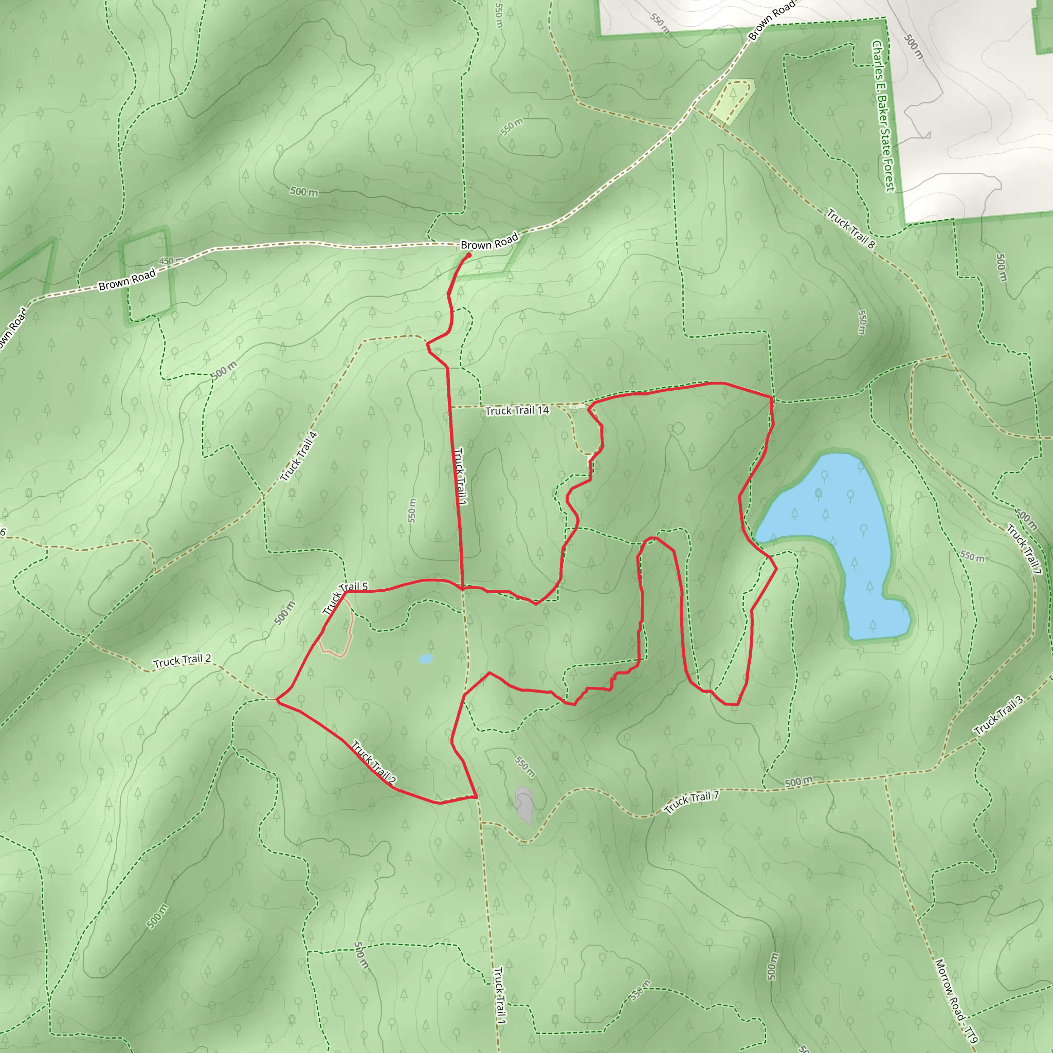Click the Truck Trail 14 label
pyautogui.click(x=517, y=410)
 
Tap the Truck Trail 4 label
pyautogui.click(x=299, y=457)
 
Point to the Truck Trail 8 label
pyautogui.click(x=850, y=228)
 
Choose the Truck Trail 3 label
pyautogui.click(x=998, y=715)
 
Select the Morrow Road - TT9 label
pyautogui.click(x=956, y=1001)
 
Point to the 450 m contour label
pyautogui.click(x=171, y=261)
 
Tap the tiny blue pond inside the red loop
pyautogui.click(x=426, y=659)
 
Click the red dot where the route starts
pyautogui.click(x=469, y=255)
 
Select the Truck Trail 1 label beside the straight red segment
pyautogui.click(x=461, y=476)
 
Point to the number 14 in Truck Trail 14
pyautogui.click(x=542, y=410)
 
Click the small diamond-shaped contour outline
pyautogui.click(x=678, y=429)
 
